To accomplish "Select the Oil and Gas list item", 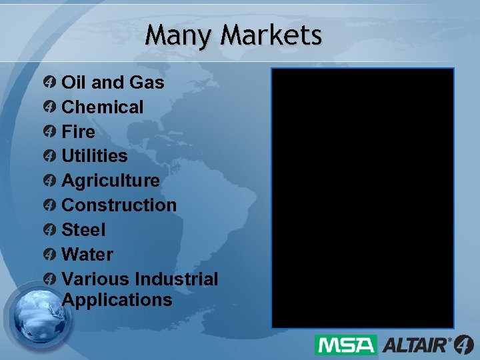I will (x=113, y=83).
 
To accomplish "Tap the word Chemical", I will (x=102, y=107).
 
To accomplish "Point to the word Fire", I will (x=78, y=131).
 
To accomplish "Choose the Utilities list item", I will (x=94, y=156).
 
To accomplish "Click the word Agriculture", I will (x=110, y=181).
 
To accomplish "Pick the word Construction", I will (x=119, y=205).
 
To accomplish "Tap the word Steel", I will (x=83, y=230).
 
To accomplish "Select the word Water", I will (x=87, y=255).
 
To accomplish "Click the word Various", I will (x=95, y=279).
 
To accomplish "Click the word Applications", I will (x=117, y=300).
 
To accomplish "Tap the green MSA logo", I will (x=345, y=345).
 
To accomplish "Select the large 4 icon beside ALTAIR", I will (x=464, y=345).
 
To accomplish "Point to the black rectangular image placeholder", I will (x=363, y=198).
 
